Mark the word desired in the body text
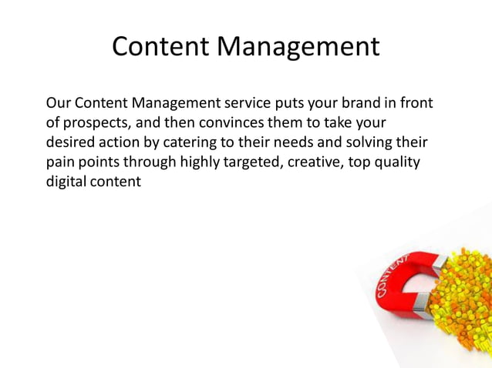tap(72, 143)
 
